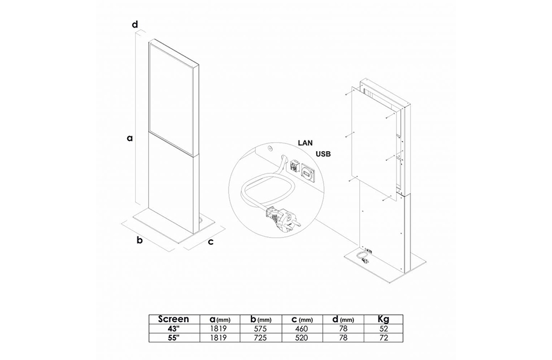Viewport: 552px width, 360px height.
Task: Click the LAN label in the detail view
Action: (x=305, y=143)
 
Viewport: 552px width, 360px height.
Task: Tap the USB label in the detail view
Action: (x=323, y=154)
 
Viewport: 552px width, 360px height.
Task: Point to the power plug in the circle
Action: (x=282, y=219)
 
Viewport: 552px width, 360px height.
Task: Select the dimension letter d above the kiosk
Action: (x=135, y=25)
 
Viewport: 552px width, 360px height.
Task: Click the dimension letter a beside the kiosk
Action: (x=130, y=138)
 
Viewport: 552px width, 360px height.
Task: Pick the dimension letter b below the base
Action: (x=140, y=240)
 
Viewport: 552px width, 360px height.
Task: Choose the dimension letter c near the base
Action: (x=211, y=242)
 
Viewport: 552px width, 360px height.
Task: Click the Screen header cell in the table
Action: (x=173, y=319)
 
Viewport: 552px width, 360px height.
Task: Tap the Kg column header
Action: (x=383, y=319)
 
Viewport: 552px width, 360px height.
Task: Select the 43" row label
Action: (x=173, y=329)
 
